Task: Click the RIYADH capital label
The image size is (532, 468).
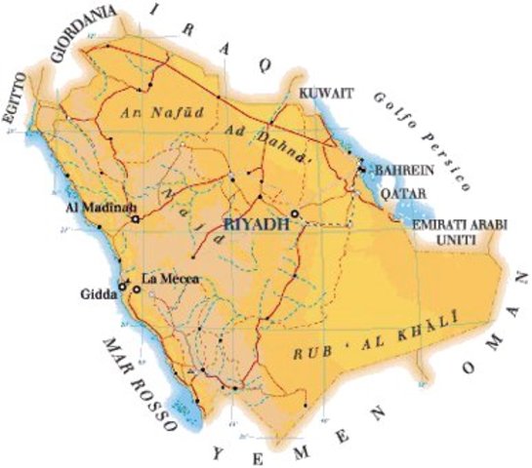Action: coord(258,225)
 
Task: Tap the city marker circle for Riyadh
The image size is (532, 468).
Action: coord(295,214)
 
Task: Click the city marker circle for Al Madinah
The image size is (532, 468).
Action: coord(136,219)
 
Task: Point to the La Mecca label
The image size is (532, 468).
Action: coord(171,280)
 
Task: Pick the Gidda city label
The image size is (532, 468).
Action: coord(97,292)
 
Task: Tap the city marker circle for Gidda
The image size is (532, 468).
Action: coord(122,286)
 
